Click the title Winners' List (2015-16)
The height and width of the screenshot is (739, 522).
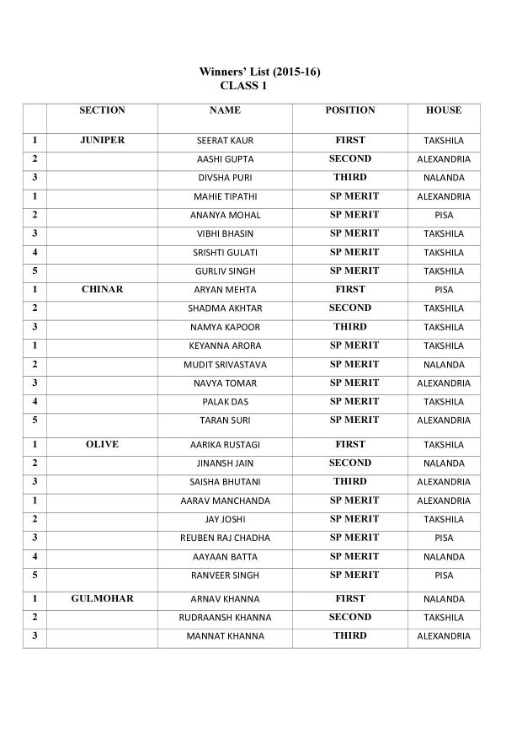(x=259, y=72)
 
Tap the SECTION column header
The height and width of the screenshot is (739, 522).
(x=102, y=110)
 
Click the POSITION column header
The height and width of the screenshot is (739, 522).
(x=349, y=110)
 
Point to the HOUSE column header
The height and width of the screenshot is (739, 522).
(x=444, y=110)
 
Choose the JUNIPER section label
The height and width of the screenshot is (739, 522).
(x=102, y=141)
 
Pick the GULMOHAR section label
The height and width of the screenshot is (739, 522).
(x=102, y=598)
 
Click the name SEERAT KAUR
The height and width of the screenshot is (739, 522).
(x=225, y=141)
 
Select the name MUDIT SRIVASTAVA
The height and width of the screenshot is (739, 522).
(x=225, y=365)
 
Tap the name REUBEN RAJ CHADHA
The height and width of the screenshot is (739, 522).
(x=225, y=538)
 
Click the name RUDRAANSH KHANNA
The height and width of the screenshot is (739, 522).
(x=225, y=618)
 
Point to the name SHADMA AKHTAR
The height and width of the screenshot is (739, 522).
(x=225, y=308)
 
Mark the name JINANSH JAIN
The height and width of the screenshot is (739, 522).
(x=225, y=463)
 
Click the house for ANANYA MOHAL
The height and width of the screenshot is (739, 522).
(x=444, y=215)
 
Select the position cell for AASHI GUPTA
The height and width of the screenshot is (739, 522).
(x=349, y=158)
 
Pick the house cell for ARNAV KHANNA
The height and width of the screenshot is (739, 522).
(x=444, y=599)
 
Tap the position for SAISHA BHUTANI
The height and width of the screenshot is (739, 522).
(x=349, y=481)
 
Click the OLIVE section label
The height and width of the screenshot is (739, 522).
(x=102, y=444)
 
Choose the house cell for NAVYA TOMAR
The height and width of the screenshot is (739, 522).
(x=444, y=383)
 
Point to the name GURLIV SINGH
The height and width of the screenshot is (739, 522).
(x=225, y=271)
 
